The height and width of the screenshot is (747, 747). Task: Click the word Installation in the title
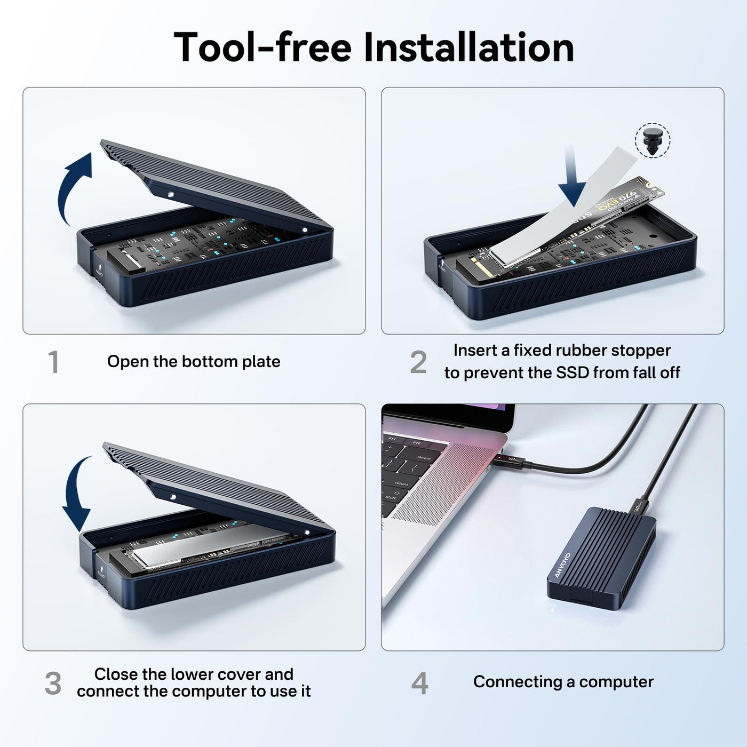469,47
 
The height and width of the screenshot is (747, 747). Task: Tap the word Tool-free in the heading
263,47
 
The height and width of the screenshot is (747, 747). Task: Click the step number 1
53,362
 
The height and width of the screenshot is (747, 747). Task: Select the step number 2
418,362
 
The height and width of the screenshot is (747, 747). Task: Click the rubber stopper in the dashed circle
653,141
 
